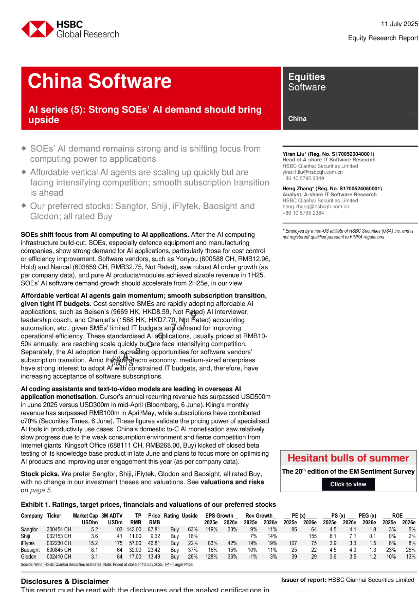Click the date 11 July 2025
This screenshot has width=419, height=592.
tap(399, 24)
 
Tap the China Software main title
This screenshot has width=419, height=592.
tap(99, 81)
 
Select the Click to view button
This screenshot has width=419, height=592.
tap(348, 484)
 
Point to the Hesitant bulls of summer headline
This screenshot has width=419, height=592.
tap(348, 458)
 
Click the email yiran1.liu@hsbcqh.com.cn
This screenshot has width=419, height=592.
tap(312, 172)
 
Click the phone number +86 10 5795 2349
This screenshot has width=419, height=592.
tap(303, 178)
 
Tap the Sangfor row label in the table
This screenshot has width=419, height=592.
tap(29, 529)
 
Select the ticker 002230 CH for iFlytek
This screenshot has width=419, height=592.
tap(59, 543)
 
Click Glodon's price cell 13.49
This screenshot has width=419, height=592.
tap(154, 557)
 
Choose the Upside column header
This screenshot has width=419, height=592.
tap(189, 516)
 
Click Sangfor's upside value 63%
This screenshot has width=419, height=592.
tap(193, 529)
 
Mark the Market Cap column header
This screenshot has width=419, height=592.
tap(85, 516)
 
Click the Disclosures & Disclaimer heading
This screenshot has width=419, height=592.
tap(65, 581)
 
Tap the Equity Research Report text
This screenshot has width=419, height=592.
tap(383, 38)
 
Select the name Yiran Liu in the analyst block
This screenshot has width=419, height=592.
tap(293, 154)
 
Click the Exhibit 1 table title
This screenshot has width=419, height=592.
tap(148, 505)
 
